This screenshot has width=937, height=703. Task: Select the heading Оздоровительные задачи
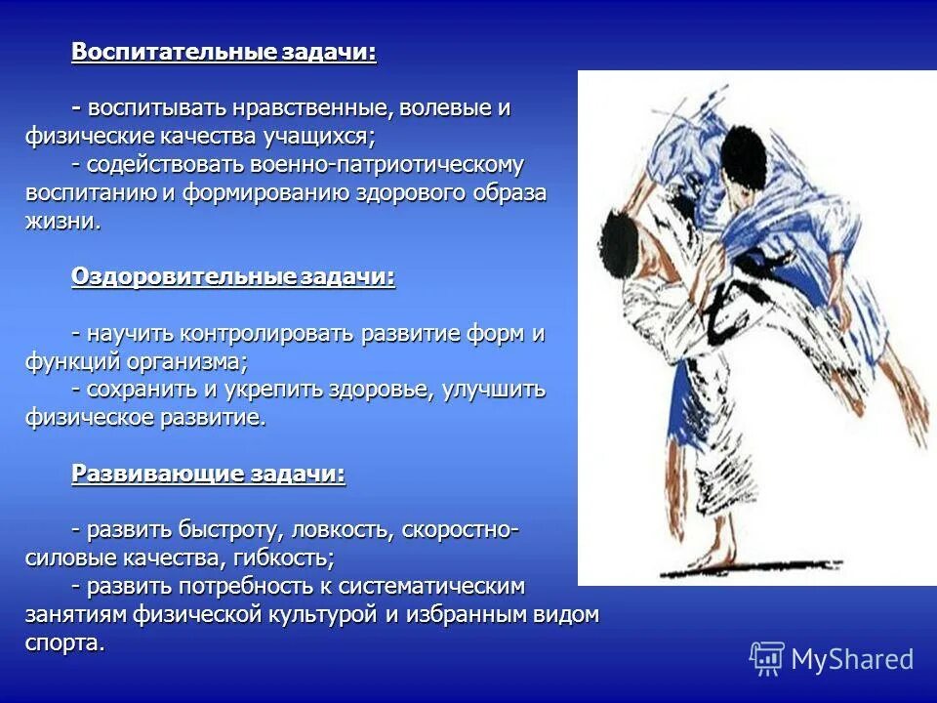[x=233, y=277]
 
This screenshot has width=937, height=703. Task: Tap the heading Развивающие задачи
[x=208, y=475]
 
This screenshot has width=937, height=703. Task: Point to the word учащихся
[x=317, y=136]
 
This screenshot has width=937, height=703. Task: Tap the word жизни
[x=61, y=221]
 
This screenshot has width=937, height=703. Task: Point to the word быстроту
[x=230, y=531]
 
